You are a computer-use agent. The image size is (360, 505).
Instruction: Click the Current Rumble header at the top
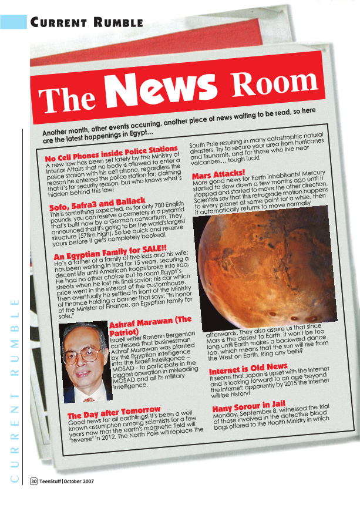coord(87,23)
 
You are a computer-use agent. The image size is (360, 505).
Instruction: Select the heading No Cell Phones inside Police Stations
coord(112,154)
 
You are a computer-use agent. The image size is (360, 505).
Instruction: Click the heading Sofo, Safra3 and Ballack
coord(97,205)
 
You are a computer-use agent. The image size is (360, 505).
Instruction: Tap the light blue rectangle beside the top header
coord(14,22)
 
